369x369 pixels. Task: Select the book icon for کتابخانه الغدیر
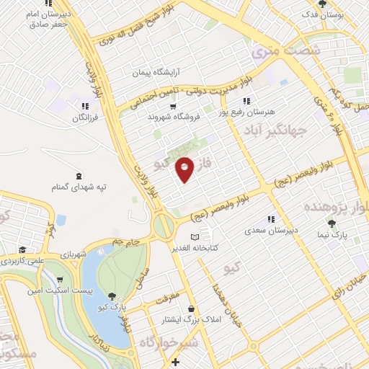point(193,237)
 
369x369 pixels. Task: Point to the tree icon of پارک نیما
point(332,223)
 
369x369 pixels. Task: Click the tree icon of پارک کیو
point(112,295)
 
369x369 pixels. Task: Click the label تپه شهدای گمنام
point(79,187)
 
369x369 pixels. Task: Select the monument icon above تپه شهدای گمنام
point(79,176)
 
